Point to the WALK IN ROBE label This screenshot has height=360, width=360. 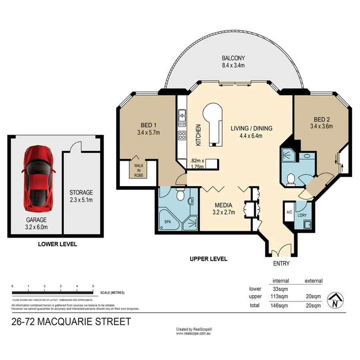click(139, 169)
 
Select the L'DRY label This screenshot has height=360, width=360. click(302, 215)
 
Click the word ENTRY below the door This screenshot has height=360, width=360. click(281, 264)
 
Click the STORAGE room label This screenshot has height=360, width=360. click(81, 192)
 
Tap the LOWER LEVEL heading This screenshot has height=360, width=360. click(57, 244)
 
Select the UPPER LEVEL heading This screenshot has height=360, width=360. click(208, 259)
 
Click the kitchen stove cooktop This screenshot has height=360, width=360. click(182, 135)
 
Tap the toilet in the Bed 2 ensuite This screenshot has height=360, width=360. click(291, 179)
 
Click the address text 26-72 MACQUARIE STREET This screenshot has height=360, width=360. click(71, 322)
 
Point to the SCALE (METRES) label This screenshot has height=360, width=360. click(112, 292)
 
